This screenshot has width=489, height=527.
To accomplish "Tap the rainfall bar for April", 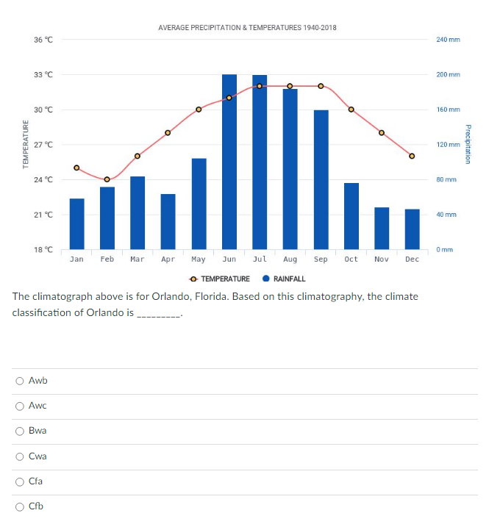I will [168, 221].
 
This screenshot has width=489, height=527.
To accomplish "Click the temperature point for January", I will [76, 168].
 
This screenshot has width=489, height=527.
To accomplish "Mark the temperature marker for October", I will [351, 110].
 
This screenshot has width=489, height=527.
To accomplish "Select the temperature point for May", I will [199, 110].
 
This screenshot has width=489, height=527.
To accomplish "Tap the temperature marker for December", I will [412, 156].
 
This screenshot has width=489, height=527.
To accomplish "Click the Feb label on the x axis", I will [107, 259].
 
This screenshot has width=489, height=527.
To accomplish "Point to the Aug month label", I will [290, 259].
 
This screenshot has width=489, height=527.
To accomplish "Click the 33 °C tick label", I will [43, 75].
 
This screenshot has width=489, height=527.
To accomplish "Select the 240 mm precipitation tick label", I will [447, 39].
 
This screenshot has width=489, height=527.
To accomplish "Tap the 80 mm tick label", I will [446, 179].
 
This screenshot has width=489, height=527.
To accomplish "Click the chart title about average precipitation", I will [247, 27].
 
